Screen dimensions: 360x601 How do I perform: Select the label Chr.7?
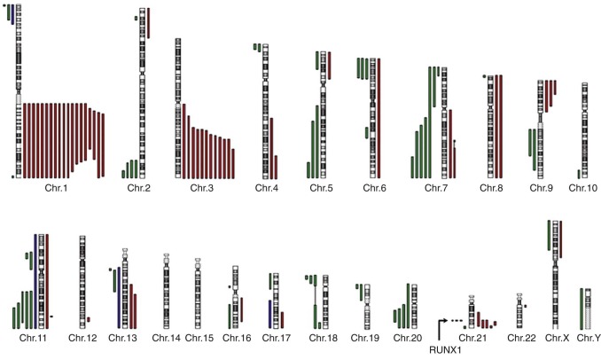click(435, 188)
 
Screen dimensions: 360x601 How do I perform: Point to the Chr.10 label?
click(582, 188)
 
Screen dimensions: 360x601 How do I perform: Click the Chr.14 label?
click(166, 338)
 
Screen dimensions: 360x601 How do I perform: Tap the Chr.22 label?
click(520, 338)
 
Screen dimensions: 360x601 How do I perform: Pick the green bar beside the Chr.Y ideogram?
click(580, 307)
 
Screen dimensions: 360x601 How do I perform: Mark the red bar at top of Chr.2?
click(149, 23)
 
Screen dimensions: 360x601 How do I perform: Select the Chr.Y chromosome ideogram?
click(587, 307)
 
